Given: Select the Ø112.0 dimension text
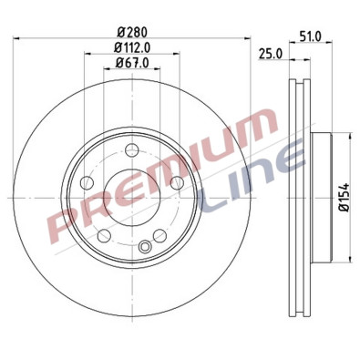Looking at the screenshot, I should pyautogui.click(x=132, y=48).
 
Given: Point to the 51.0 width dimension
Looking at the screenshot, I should pyautogui.click(x=310, y=36).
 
